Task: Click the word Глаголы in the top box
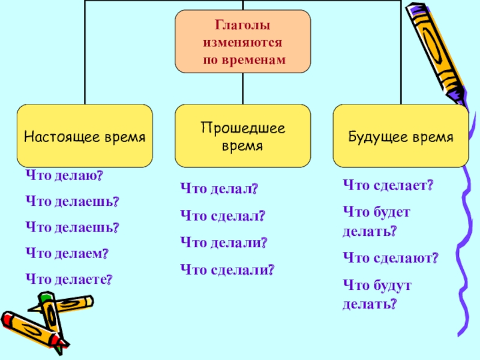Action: [242, 26]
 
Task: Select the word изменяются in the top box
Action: [242, 43]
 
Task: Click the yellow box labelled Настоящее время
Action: [85, 136]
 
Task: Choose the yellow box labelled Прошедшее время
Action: [242, 136]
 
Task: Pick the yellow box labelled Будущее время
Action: [401, 136]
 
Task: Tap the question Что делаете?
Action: [69, 279]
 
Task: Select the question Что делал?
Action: [219, 190]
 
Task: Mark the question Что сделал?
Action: [223, 216]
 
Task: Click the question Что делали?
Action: [223, 243]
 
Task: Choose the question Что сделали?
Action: [227, 270]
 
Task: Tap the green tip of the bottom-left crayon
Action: [46, 298]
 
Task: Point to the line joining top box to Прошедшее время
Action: [242, 88]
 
